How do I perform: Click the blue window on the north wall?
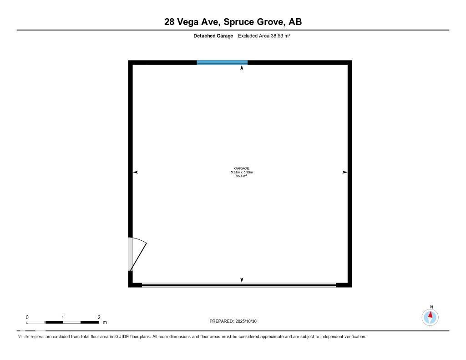222,62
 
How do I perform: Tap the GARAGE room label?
242,168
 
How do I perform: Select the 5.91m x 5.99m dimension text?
242,172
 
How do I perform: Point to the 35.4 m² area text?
242,176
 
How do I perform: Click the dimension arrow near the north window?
242,68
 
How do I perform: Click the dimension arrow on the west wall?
135,172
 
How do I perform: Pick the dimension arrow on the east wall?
345,172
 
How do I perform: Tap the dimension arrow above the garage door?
242,280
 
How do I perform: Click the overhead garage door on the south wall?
239,285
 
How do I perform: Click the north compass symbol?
430,317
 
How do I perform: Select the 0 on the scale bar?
27,317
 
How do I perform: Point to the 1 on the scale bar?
63,317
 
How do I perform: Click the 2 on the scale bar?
99,317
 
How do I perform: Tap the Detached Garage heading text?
213,35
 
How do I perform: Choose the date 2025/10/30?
249,321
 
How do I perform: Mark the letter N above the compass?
431,307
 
